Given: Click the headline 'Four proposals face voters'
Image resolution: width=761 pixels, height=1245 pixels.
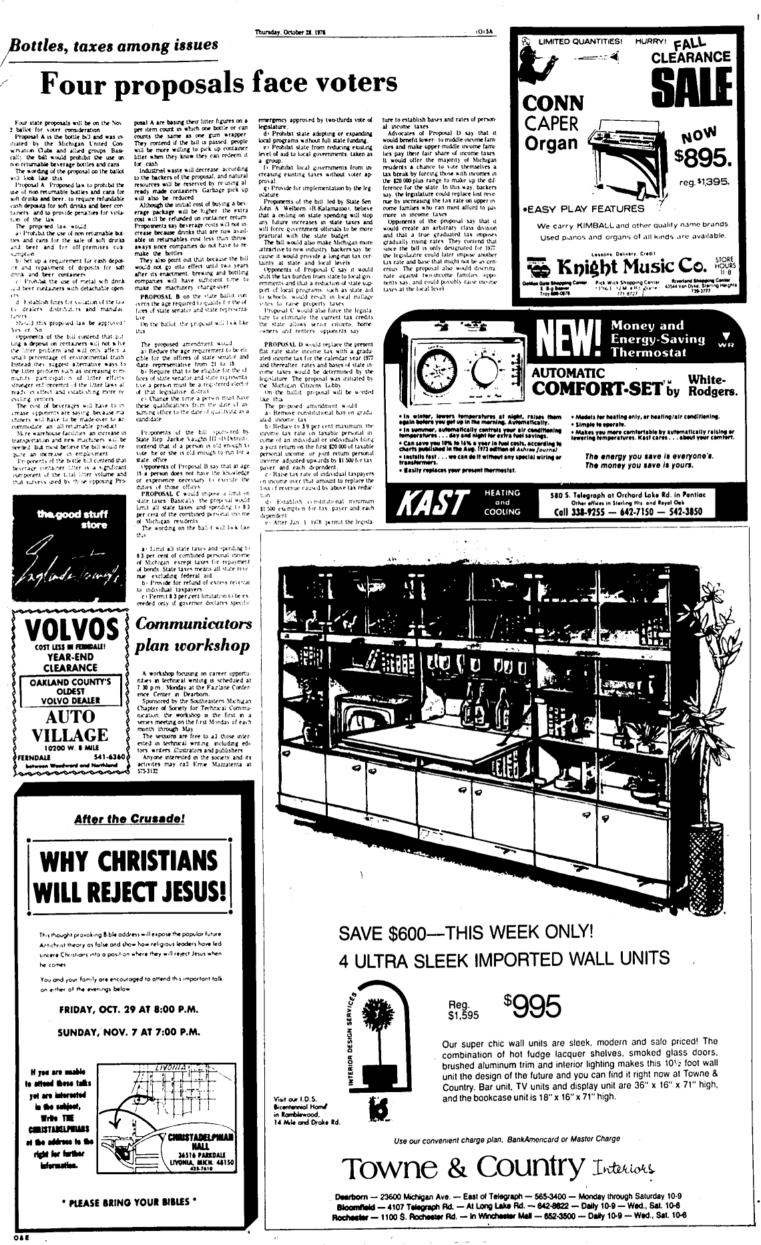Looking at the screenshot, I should pos(219,83).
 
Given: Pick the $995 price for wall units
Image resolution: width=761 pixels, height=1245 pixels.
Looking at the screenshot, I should pos(533,1007).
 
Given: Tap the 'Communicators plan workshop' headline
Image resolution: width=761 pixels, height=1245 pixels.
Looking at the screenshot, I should pos(193,634).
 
